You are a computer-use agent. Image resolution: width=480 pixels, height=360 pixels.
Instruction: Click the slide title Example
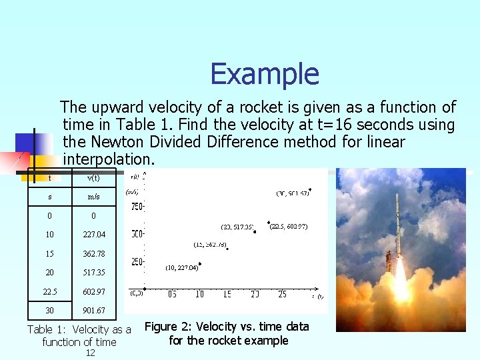click(x=265, y=74)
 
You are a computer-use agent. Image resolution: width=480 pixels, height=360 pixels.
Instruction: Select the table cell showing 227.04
click(x=93, y=235)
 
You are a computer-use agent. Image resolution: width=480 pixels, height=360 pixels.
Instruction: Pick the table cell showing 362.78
click(x=93, y=254)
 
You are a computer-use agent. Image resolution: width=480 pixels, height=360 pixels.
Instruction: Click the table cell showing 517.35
click(x=93, y=273)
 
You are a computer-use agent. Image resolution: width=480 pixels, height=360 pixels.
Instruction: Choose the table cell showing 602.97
click(x=93, y=292)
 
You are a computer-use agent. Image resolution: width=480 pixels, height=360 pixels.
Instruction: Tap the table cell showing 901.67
click(x=93, y=311)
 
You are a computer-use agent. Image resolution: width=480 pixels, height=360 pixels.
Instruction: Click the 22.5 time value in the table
click(x=49, y=292)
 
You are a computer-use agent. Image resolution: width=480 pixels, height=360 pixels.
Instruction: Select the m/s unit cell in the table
click(x=93, y=197)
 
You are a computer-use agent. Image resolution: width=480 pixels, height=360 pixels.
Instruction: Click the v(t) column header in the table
click(x=93, y=177)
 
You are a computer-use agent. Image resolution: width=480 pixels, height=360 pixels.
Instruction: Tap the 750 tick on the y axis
click(x=136, y=207)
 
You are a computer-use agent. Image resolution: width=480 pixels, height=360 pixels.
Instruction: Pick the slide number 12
click(x=91, y=353)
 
